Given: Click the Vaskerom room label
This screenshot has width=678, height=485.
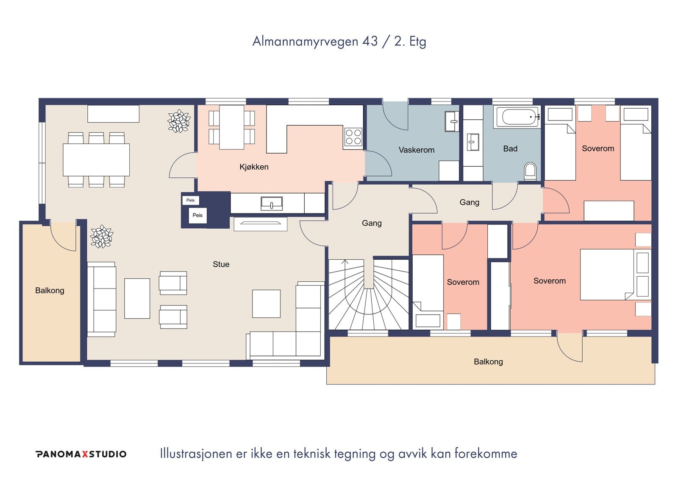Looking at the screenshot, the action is click(x=417, y=150).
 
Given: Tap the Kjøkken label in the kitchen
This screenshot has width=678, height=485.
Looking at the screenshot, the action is click(x=254, y=167).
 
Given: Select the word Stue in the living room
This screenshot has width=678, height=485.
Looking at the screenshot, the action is click(x=221, y=264).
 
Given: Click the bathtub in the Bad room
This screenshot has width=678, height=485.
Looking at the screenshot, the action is click(x=517, y=117).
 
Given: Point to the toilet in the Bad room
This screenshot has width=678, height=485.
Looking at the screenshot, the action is click(x=530, y=171).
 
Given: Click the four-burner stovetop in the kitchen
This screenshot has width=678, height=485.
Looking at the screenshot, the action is click(x=353, y=137).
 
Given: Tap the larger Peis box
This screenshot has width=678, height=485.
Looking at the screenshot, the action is click(x=197, y=216).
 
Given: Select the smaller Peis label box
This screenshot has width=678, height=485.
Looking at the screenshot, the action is click(x=191, y=200).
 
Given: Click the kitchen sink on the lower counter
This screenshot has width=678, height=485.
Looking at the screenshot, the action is click(x=272, y=203).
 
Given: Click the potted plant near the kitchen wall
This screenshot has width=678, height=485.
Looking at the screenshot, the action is click(x=179, y=121).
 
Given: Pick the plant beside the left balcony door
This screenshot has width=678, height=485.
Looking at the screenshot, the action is click(x=102, y=236).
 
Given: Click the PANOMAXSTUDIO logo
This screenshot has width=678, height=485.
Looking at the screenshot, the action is click(x=81, y=454).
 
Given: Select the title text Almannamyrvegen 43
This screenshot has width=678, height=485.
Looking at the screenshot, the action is click(x=315, y=41).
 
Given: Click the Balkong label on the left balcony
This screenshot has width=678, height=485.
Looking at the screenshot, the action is click(x=50, y=291).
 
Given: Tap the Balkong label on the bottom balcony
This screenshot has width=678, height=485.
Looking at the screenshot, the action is click(x=488, y=362).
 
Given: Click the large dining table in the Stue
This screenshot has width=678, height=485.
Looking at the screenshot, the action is click(x=96, y=160).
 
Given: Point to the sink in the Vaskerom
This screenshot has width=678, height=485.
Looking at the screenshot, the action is click(x=452, y=121).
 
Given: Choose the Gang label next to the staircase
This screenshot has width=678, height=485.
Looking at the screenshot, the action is click(x=372, y=223).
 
